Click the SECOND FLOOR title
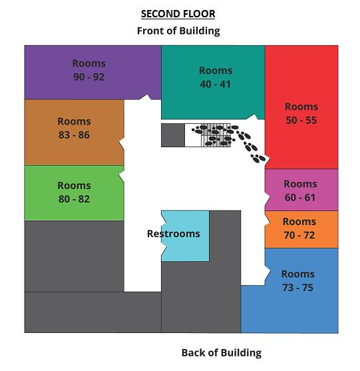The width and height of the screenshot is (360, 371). click(x=178, y=14)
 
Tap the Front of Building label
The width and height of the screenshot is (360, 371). click(x=178, y=31)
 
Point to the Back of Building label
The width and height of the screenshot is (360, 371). click(x=222, y=353)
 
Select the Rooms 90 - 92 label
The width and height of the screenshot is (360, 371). click(x=89, y=70)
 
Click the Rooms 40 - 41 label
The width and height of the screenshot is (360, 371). click(x=216, y=77)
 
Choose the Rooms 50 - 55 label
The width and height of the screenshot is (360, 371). click(x=301, y=113)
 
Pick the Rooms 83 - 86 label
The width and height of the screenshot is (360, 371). click(x=75, y=128)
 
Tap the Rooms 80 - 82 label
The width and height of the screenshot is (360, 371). click(x=75, y=192)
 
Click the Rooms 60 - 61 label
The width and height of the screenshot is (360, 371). click(x=300, y=190)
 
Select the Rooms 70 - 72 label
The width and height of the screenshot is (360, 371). click(x=299, y=228)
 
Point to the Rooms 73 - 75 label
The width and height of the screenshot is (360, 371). click(x=298, y=280)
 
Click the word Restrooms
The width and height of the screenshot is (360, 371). click(x=174, y=234)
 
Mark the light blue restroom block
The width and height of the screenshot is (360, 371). click(x=185, y=236)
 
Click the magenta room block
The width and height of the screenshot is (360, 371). click(x=301, y=190)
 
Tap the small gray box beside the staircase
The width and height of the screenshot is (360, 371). click(x=173, y=135)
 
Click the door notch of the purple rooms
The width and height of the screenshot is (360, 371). click(x=144, y=97)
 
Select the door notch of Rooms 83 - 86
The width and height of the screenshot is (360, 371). click(x=122, y=143)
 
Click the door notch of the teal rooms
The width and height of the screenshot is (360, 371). click(x=252, y=117)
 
